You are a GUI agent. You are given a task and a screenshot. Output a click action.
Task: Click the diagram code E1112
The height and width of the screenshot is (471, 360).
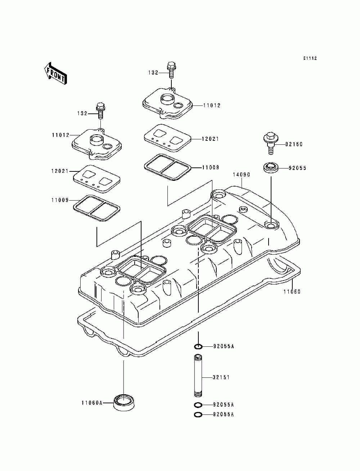[310, 58]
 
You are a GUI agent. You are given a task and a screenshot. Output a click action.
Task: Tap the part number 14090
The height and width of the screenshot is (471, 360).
[241, 175]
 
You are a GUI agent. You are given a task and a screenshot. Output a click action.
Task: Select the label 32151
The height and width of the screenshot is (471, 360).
[221, 377]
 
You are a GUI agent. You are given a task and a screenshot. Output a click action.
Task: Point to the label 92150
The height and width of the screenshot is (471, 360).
[294, 144]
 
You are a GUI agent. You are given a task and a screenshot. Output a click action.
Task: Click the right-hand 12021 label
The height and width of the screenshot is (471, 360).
[211, 139]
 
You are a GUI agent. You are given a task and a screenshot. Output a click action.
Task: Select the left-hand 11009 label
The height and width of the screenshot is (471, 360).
[60, 200]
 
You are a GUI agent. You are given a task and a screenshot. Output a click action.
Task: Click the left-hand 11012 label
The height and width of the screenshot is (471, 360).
[60, 135]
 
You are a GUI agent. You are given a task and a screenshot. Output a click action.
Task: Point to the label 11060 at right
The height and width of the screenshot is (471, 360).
[292, 291]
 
